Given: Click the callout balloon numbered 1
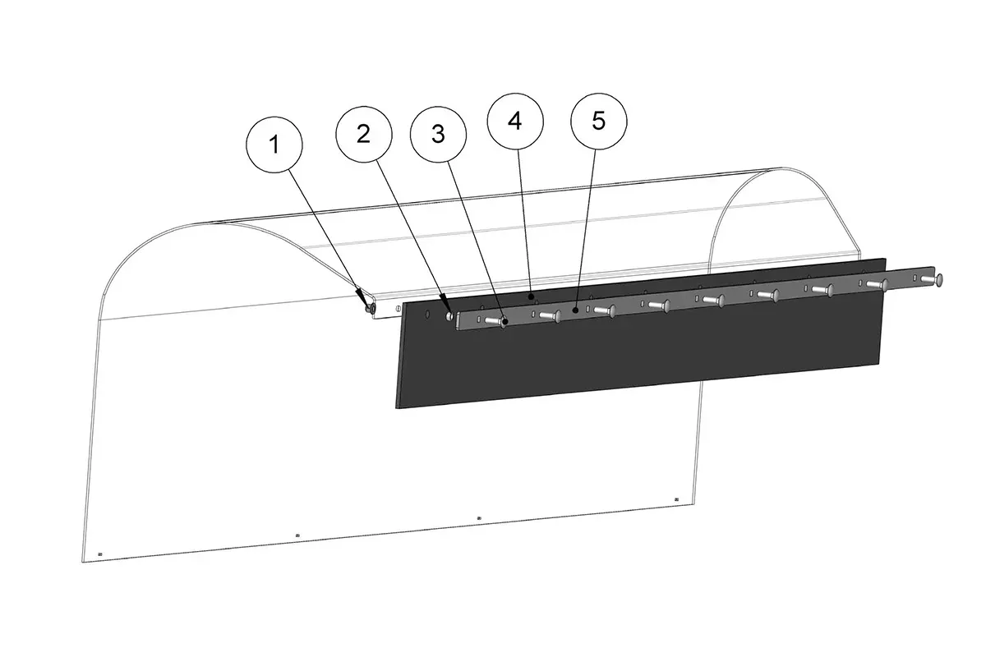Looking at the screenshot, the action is pyautogui.click(x=274, y=145).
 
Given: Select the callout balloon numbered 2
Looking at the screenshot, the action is pyautogui.click(x=363, y=134).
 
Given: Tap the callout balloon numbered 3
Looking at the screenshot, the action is pyautogui.click(x=438, y=134).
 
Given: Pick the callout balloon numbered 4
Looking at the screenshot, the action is pyautogui.click(x=515, y=121).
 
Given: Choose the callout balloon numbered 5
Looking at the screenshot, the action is pyautogui.click(x=599, y=121).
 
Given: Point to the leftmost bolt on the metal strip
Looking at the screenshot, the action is pyautogui.click(x=496, y=323).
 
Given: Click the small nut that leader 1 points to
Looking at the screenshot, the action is pyautogui.click(x=369, y=309).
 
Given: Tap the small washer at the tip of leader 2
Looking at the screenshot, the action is pyautogui.click(x=449, y=316).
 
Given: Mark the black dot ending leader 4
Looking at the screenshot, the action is pyautogui.click(x=532, y=297).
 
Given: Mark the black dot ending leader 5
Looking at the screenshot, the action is pyautogui.click(x=575, y=310).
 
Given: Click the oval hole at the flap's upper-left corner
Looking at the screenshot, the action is pyautogui.click(x=427, y=315).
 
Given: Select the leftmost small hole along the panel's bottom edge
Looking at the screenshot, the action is pyautogui.click(x=100, y=554).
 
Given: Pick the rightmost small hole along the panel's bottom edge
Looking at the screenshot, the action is pyautogui.click(x=676, y=499).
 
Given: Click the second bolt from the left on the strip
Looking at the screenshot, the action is pyautogui.click(x=551, y=316).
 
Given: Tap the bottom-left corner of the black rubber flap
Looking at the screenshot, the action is pyautogui.click(x=396, y=408).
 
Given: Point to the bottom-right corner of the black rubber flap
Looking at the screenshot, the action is pyautogui.click(x=878, y=365).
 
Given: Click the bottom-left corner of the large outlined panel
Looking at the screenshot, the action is pyautogui.click(x=82, y=562).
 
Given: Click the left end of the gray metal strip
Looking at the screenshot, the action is pyautogui.click(x=457, y=321).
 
